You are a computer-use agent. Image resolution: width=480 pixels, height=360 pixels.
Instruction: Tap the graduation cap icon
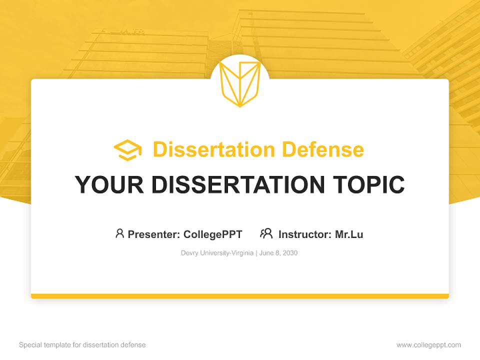127,150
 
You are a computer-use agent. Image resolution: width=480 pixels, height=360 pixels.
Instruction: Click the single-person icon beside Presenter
119,233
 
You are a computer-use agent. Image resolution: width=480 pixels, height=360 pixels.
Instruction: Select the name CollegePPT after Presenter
212,234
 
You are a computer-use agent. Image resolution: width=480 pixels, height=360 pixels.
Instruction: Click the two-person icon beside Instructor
266,233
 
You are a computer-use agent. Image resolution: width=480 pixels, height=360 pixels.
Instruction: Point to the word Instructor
304,234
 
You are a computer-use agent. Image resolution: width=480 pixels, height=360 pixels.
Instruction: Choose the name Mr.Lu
349,234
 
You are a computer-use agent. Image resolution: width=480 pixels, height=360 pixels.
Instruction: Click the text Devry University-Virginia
217,253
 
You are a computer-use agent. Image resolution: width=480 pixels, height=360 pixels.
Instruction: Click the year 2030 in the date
289,253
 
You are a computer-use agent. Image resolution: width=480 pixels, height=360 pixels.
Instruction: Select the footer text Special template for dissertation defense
82,345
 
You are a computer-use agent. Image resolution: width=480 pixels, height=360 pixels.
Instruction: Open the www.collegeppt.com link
428,345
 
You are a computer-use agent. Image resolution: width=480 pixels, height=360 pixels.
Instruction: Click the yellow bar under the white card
240,296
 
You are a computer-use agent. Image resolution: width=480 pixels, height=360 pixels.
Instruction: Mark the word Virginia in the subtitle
241,253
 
